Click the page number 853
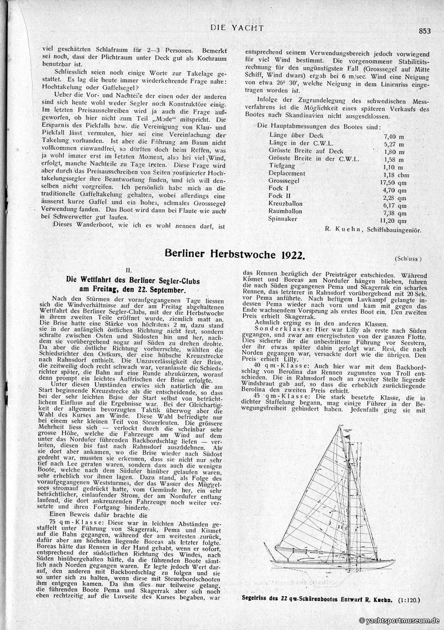(425, 31)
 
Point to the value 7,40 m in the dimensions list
(393, 135)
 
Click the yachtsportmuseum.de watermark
(399, 621)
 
